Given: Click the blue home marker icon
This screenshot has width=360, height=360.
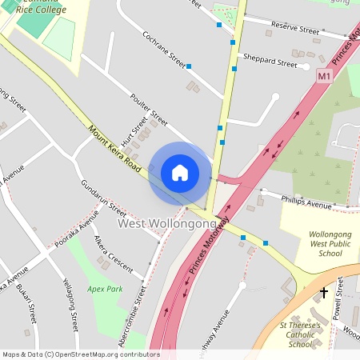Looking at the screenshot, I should (x=180, y=172).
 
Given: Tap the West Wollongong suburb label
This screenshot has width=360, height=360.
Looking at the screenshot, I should (x=168, y=224).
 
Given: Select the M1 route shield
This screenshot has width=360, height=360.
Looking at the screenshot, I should (x=323, y=76).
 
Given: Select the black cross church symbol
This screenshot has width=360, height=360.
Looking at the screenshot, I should (x=324, y=293).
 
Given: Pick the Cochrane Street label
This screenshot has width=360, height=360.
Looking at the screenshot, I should (x=163, y=50).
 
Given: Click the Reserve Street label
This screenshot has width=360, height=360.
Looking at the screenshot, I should (x=294, y=29).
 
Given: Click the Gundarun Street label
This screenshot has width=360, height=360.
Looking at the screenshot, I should (x=103, y=198).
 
